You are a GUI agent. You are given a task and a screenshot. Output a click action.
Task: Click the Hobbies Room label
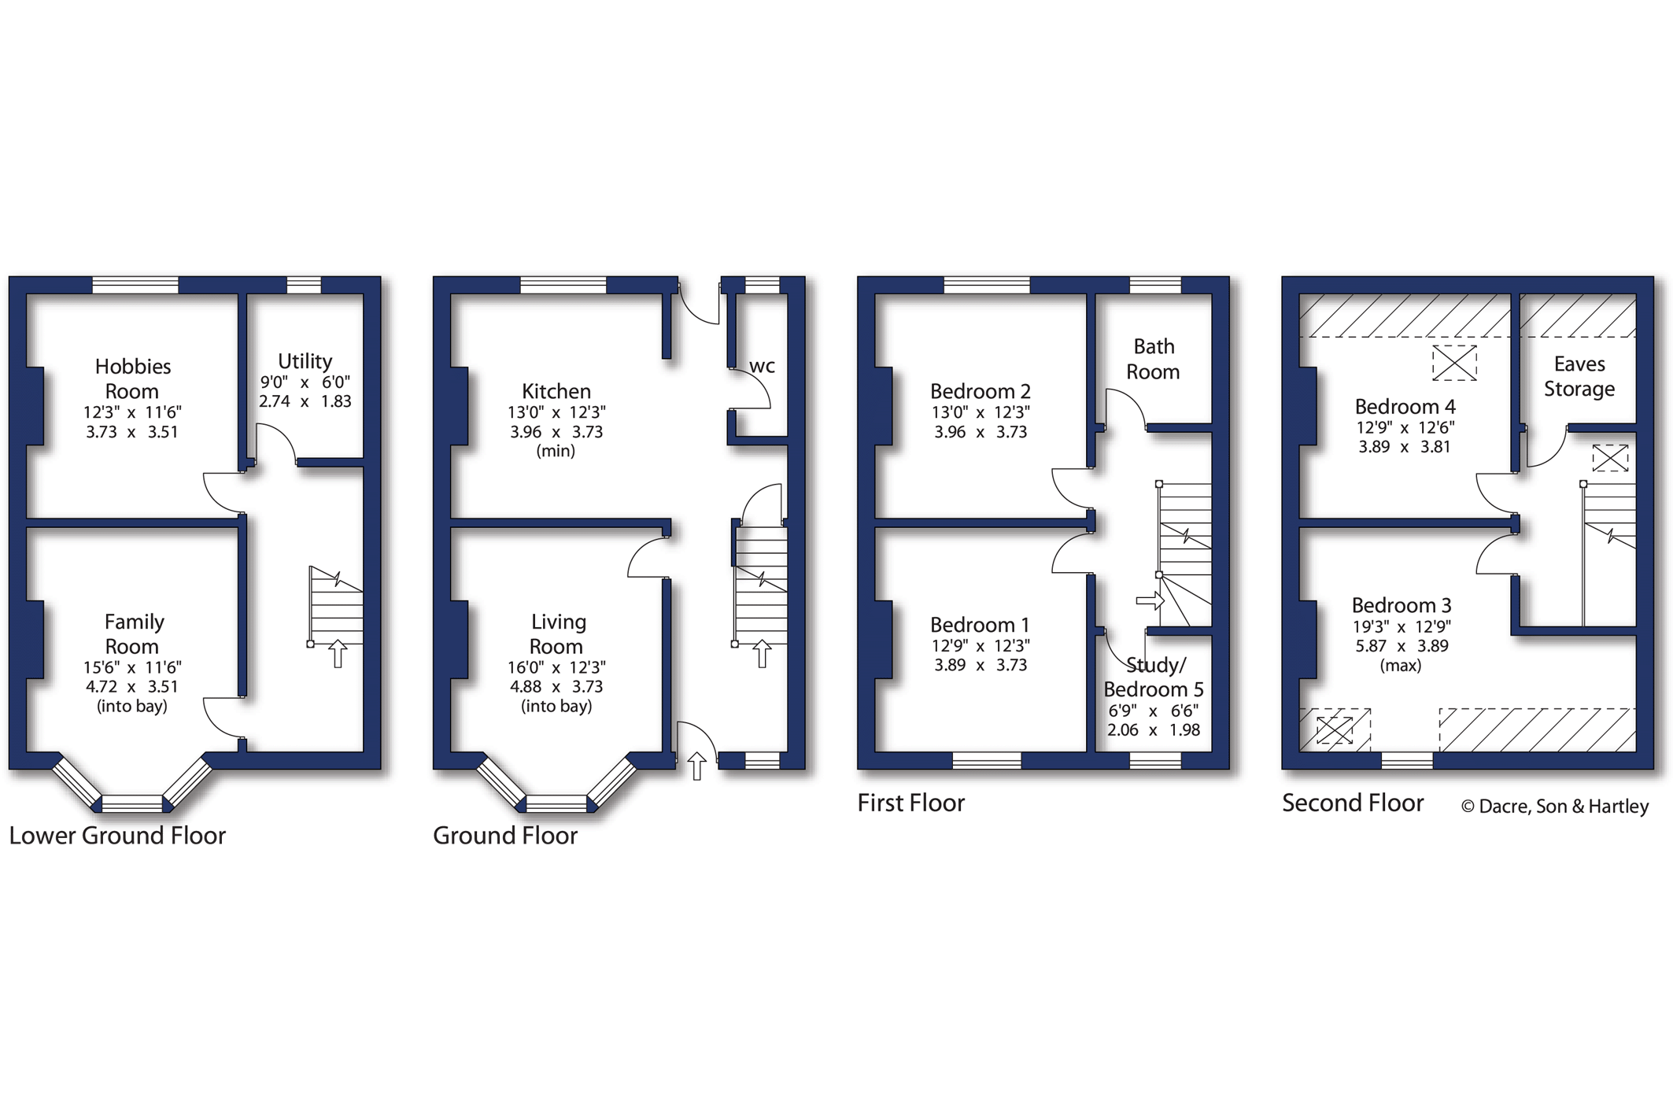click(132, 378)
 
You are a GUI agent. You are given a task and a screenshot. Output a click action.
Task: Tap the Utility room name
click(305, 361)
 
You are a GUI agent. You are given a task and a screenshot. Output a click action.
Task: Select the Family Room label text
click(133, 633)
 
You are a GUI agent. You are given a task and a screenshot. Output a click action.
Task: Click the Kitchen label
click(556, 391)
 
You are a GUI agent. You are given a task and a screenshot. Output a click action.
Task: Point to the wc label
click(762, 366)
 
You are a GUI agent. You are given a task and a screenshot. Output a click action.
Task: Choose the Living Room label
click(557, 633)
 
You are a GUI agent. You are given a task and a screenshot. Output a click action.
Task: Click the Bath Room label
click(1154, 359)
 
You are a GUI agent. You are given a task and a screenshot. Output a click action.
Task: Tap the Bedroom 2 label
click(981, 391)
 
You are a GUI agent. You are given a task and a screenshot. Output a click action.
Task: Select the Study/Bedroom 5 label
click(1154, 677)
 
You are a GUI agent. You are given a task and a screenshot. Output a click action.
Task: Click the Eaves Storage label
click(1579, 376)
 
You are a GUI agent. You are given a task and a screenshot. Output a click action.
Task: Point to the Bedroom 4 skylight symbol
click(1454, 364)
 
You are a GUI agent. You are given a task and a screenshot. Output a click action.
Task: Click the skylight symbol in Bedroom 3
click(1335, 729)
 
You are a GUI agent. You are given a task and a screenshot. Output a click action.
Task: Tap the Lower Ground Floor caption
click(117, 835)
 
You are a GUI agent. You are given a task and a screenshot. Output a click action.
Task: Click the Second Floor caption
click(1353, 803)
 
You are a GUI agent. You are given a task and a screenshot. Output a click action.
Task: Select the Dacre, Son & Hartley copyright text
click(1555, 807)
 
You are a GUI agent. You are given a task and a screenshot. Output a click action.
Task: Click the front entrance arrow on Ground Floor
click(697, 766)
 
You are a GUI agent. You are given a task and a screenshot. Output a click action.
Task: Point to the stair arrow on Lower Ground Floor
click(338, 654)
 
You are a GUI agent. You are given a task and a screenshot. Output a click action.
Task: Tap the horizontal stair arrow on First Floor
click(1150, 601)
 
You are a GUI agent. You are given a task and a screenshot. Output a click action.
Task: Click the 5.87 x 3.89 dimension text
click(1402, 646)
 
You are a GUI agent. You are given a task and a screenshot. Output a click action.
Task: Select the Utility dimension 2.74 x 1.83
click(305, 401)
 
